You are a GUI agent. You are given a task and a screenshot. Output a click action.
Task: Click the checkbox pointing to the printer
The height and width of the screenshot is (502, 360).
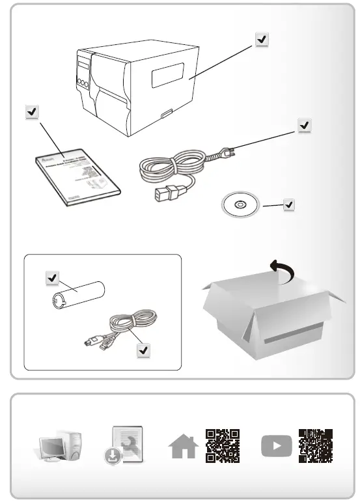click(x=261, y=40)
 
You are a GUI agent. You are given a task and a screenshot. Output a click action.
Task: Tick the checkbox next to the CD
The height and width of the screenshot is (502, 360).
click(x=289, y=205)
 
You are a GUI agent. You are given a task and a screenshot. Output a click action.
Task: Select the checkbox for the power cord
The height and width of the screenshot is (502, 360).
click(x=303, y=125)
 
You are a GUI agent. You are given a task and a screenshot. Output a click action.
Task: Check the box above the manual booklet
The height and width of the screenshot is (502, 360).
click(x=31, y=112)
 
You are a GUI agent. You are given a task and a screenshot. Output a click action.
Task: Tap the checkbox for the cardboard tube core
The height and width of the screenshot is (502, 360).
click(x=51, y=278)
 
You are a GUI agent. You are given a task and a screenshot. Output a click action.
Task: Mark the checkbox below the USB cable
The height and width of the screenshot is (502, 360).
click(x=143, y=350)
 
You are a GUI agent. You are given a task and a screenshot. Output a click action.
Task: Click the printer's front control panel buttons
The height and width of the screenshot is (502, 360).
click(x=83, y=83)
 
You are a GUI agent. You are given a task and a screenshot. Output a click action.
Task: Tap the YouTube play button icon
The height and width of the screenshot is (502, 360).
click(x=276, y=446)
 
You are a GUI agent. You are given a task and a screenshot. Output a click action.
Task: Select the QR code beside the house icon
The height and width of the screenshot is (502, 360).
click(x=222, y=445)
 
